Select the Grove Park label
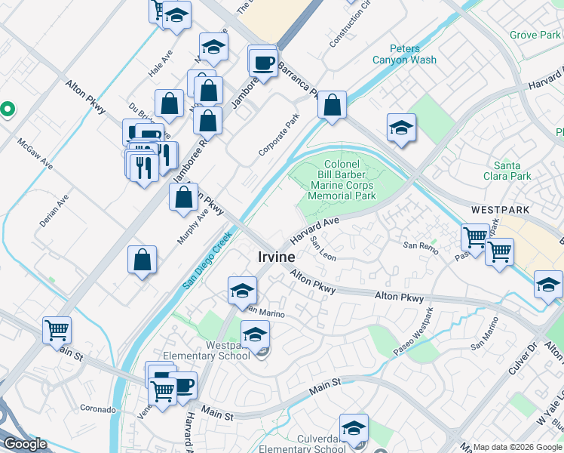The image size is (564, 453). [535, 35]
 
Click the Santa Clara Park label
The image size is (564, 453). [513, 171]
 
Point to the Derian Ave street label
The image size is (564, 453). [54, 211]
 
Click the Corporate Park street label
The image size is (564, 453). [279, 134]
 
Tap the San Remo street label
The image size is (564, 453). [420, 245]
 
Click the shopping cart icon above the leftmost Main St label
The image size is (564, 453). [57, 330]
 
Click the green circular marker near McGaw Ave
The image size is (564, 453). [7, 109]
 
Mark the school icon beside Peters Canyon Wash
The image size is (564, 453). [402, 128]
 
